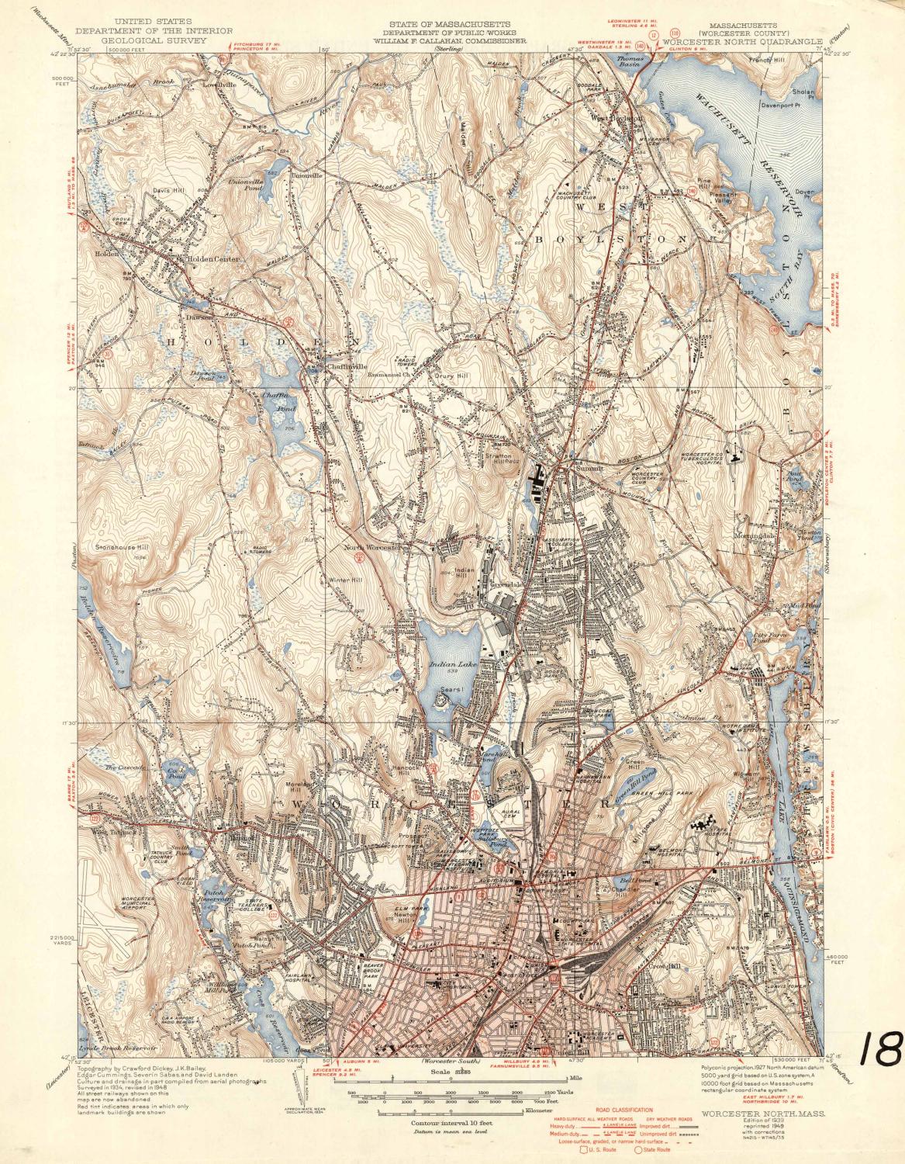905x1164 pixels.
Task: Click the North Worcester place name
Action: pos(372,546)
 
